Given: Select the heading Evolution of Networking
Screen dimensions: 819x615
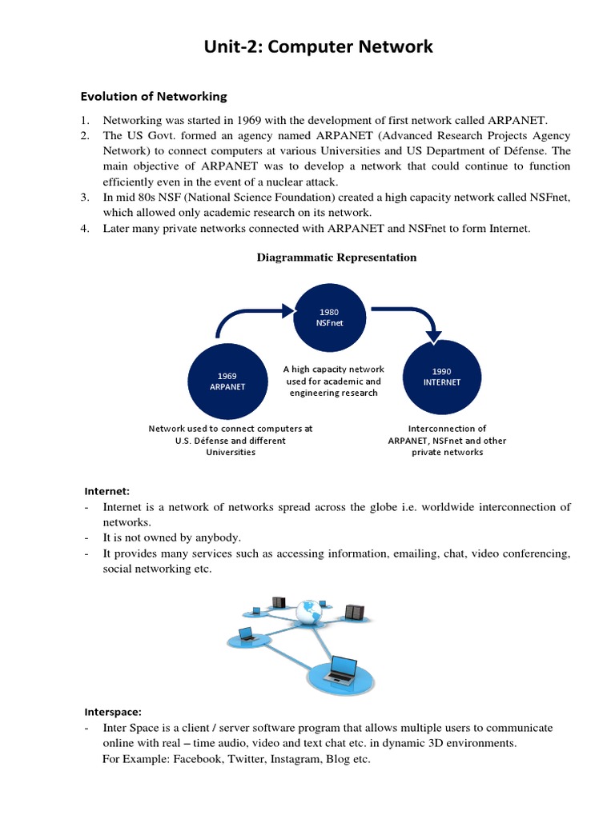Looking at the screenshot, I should click(154, 97).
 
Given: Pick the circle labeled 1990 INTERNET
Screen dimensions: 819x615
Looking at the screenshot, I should click(441, 377).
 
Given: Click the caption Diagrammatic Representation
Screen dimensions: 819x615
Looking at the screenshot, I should click(336, 258).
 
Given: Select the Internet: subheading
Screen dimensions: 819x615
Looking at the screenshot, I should click(107, 491).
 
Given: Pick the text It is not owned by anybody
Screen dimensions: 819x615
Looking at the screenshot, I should click(171, 537).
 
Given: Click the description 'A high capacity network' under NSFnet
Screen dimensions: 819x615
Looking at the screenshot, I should click(333, 370).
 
